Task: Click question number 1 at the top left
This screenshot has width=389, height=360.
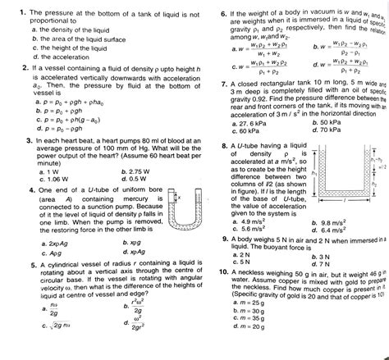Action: pyautogui.click(x=14, y=13)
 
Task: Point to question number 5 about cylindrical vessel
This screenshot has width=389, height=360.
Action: pyautogui.click(x=15, y=266)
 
